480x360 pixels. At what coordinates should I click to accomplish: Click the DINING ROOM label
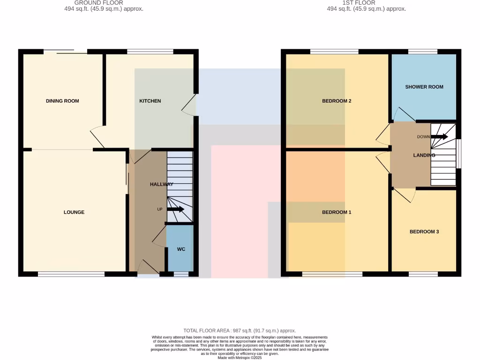62,101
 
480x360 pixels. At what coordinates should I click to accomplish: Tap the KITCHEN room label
150,101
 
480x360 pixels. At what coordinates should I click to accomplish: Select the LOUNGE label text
74,212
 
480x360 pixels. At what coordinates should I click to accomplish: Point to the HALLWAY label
162,184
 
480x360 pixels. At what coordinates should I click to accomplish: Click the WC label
181,249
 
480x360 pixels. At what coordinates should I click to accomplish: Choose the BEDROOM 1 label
337,212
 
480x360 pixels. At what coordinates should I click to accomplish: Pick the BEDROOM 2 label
337,101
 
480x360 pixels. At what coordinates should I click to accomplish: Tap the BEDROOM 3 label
424,232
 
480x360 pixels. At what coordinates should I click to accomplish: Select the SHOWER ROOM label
424,87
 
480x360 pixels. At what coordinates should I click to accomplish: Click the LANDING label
424,155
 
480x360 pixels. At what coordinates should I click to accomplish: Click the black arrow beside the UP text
175,209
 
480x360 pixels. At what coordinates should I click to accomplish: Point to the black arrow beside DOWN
440,137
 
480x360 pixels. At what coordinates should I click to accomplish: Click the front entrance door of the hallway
148,267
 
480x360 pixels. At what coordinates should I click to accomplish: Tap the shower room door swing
403,114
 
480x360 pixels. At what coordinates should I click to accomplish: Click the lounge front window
71,274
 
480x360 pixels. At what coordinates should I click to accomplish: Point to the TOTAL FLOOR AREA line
240,330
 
